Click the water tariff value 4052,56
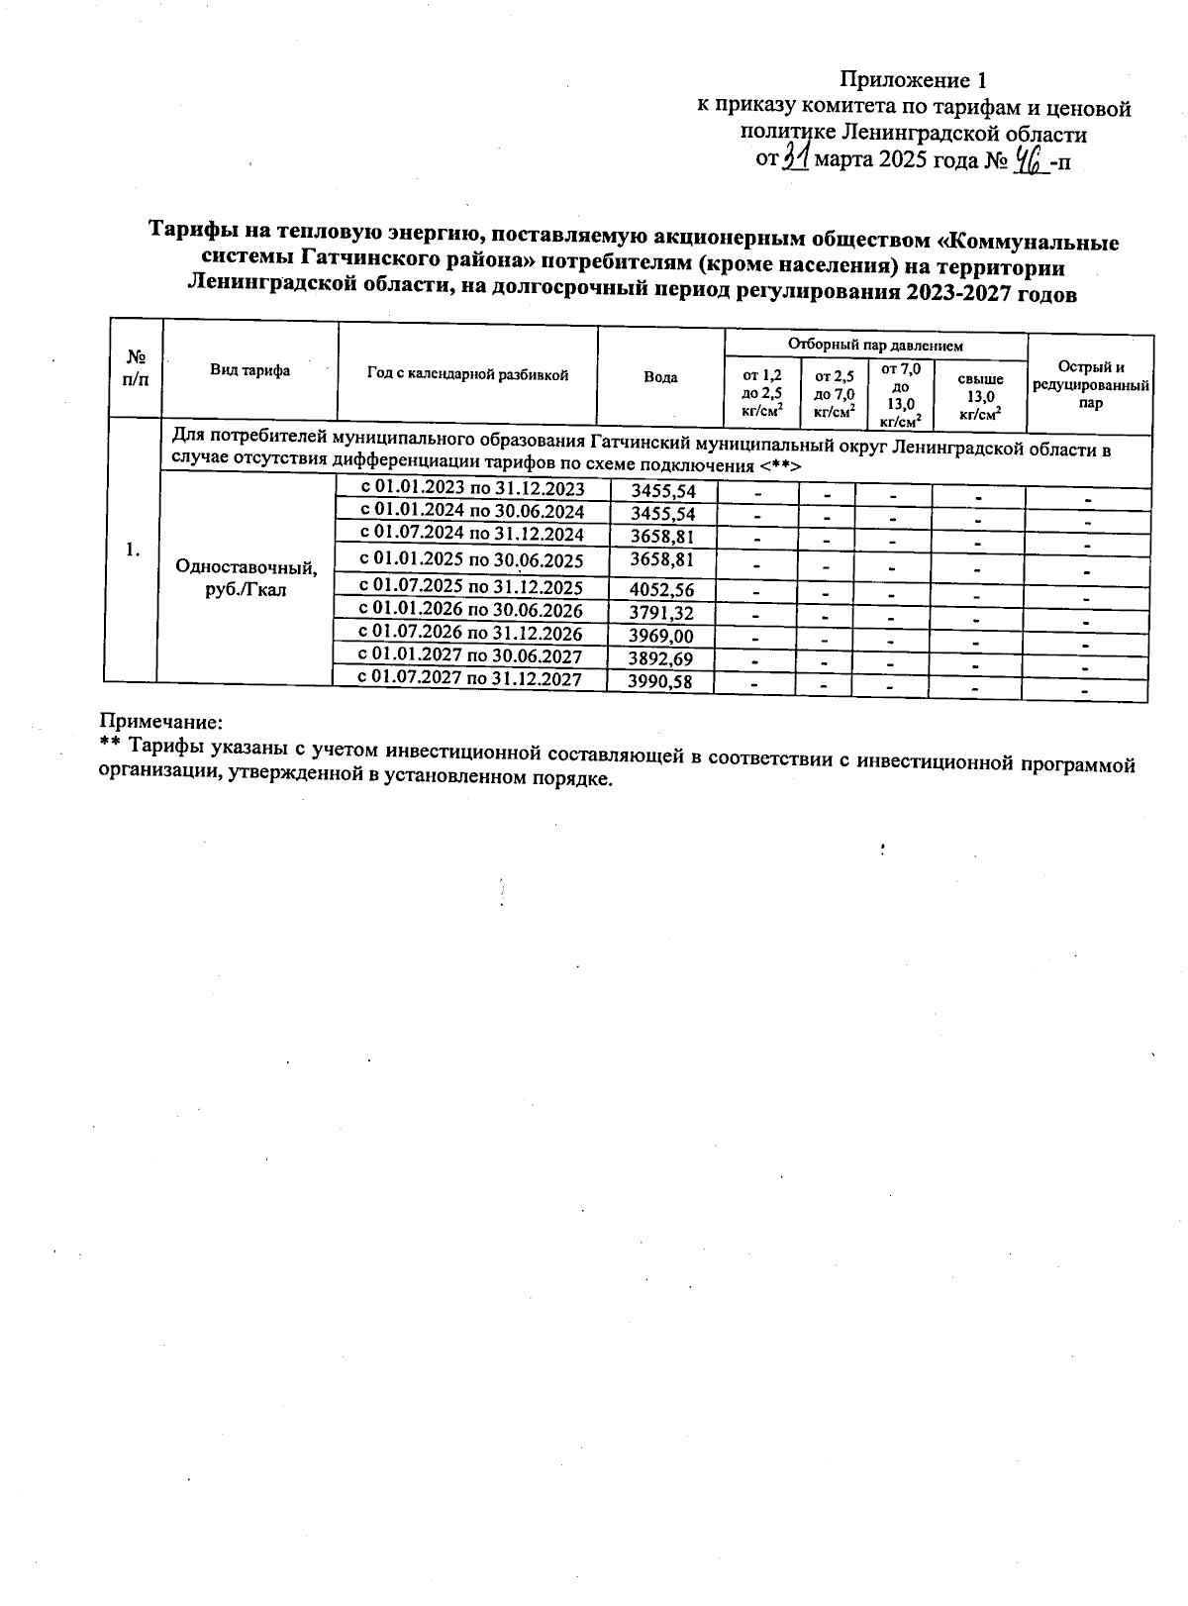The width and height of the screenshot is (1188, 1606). (661, 589)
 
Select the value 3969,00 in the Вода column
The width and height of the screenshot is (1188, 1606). (661, 635)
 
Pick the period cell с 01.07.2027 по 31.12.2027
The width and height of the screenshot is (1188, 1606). (469, 678)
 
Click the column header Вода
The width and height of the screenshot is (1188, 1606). (660, 377)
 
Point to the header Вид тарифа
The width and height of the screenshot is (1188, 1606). (249, 370)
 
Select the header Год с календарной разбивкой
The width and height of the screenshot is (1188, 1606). (467, 374)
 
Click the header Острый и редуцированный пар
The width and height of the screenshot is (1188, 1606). (1090, 384)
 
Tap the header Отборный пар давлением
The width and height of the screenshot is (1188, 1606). (875, 346)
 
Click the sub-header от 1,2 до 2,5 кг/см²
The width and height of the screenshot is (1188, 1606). (761, 393)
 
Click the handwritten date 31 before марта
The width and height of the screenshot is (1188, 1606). (796, 156)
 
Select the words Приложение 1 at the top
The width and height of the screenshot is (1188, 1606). (913, 79)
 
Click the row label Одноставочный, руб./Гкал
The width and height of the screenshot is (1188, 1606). (247, 578)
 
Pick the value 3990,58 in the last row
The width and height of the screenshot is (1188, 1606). (660, 681)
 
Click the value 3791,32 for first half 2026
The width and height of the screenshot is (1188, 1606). (661, 612)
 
